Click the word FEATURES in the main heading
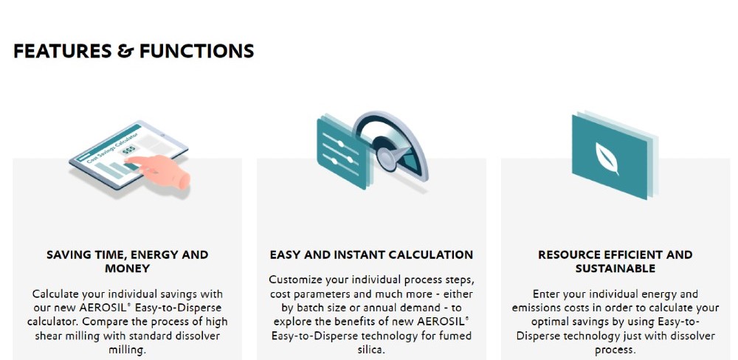point(63,51)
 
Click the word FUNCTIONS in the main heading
point(197,51)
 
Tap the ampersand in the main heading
point(125,51)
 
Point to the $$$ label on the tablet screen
point(128,150)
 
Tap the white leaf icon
point(607,158)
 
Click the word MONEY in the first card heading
point(127,269)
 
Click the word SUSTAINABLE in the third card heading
point(615,269)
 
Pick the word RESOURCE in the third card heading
point(567,255)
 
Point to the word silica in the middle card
point(371,350)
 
